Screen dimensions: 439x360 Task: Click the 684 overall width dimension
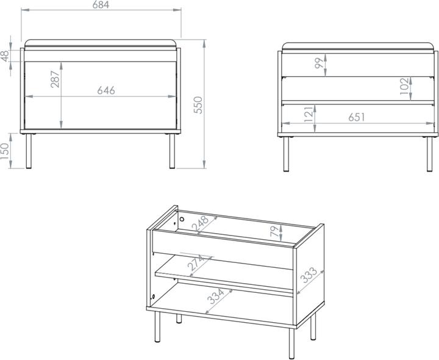pyautogui.click(x=101, y=5)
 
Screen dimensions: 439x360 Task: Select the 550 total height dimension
pyautogui.click(x=198, y=105)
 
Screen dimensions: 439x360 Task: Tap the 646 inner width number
pyautogui.click(x=106, y=90)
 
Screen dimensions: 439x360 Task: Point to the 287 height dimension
pyautogui.click(x=55, y=79)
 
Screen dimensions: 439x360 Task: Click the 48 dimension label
pyautogui.click(x=5, y=56)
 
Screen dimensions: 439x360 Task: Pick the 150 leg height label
pyautogui.click(x=5, y=151)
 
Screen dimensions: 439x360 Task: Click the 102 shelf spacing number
pyautogui.click(x=405, y=86)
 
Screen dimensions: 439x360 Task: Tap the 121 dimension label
pyautogui.click(x=309, y=114)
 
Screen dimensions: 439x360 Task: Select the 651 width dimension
pyautogui.click(x=357, y=117)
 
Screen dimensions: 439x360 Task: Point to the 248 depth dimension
pyautogui.click(x=200, y=223)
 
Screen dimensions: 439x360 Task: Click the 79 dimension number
pyautogui.click(x=275, y=231)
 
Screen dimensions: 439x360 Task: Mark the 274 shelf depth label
pyautogui.click(x=197, y=262)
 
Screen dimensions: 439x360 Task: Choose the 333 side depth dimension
pyautogui.click(x=309, y=275)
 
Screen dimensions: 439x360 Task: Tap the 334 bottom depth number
pyautogui.click(x=216, y=297)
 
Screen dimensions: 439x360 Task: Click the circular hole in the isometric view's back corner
pyautogui.click(x=182, y=219)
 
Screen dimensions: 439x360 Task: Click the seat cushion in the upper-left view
pyautogui.click(x=101, y=43)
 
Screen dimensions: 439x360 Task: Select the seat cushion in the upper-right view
pyautogui.click(x=358, y=46)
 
